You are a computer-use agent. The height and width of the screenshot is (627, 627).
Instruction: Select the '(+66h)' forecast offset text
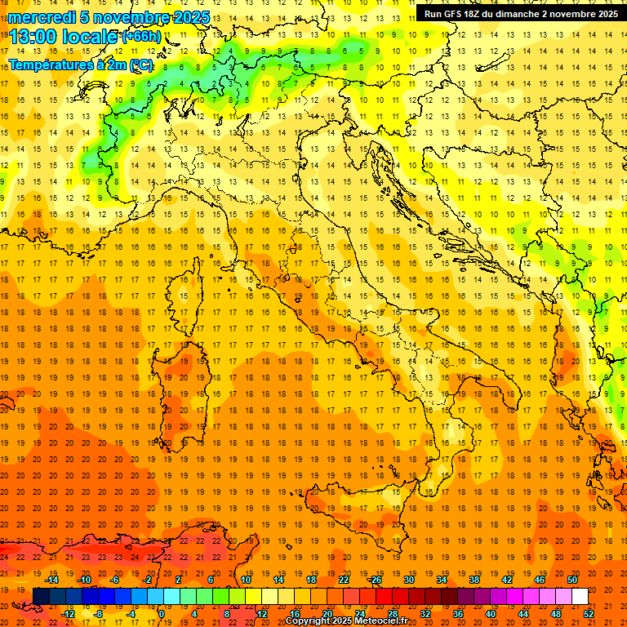tap(141, 36)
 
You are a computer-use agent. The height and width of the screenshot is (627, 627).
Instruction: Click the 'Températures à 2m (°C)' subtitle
tap(79, 64)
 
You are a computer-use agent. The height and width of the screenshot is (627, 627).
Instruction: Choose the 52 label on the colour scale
tap(589, 614)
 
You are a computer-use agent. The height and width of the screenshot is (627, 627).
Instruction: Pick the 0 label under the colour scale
tap(162, 614)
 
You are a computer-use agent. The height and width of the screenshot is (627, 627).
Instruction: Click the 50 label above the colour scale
tap(572, 580)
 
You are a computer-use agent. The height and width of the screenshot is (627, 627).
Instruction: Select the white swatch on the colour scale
tap(580, 597)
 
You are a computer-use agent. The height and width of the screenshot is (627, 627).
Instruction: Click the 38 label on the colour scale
tap(474, 580)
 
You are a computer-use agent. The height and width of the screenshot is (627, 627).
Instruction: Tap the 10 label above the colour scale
tap(246, 580)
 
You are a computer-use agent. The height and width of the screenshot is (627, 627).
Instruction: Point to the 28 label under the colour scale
tap(393, 614)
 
